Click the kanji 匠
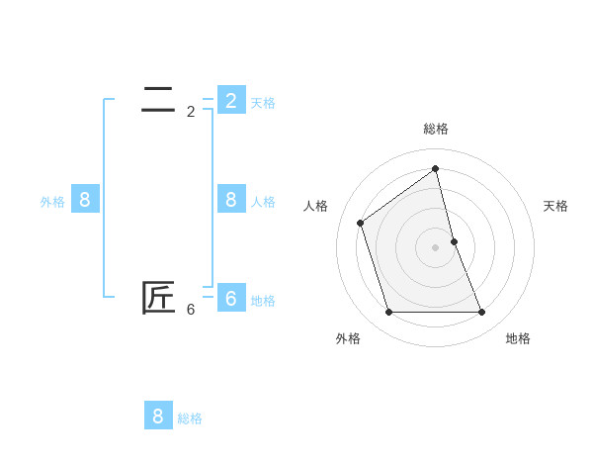(158, 298)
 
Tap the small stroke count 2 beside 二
(191, 112)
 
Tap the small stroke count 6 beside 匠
(191, 310)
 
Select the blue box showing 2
(231, 100)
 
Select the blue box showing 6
(231, 298)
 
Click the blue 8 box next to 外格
(85, 200)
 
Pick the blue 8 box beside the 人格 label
(231, 200)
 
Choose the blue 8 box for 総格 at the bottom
(158, 416)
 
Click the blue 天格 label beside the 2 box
(263, 102)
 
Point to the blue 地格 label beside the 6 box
(263, 301)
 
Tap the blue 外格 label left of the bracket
(52, 202)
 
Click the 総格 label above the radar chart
(436, 130)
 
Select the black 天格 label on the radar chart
(556, 206)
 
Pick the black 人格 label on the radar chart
(316, 206)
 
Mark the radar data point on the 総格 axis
(436, 168)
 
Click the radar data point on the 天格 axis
(454, 241)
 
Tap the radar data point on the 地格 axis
(482, 312)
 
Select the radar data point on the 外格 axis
(388, 312)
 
